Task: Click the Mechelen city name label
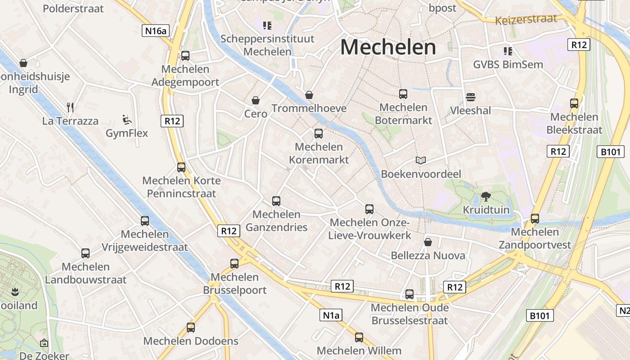click(388, 47)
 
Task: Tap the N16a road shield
click(156, 31)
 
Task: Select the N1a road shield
click(331, 315)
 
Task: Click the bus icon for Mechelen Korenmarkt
click(319, 133)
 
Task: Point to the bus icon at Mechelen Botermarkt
click(403, 94)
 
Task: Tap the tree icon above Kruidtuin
click(486, 196)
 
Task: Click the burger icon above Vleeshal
click(471, 97)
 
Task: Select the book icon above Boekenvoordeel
click(421, 160)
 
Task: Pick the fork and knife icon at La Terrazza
click(70, 107)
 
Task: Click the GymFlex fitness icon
click(127, 120)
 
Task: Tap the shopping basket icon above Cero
click(256, 100)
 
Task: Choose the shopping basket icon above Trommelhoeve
click(309, 94)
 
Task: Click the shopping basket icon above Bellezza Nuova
click(428, 242)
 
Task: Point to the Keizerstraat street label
click(526, 20)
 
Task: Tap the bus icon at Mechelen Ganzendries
click(276, 201)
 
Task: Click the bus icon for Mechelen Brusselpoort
click(234, 263)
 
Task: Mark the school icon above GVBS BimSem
click(508, 51)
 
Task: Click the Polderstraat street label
click(73, 9)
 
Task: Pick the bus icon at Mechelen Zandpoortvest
click(535, 218)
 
